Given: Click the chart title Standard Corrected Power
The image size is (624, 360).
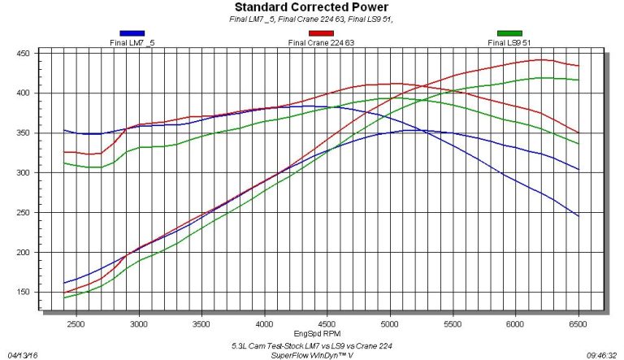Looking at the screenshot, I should tap(311, 8).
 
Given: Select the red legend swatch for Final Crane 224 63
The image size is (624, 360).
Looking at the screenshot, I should tap(320, 33).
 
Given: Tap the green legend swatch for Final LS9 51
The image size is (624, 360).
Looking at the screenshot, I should tap(509, 33).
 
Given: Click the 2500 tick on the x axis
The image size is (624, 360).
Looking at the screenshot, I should tap(76, 323).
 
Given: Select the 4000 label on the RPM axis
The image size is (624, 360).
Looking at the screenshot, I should tap(265, 323).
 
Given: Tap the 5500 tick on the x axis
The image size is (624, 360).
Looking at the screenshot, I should tap(453, 323).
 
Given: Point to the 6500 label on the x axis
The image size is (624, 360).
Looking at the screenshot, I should tap(578, 323).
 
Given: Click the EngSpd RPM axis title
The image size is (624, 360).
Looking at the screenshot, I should tap(312, 333).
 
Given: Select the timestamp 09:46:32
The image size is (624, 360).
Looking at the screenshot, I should tap(602, 354).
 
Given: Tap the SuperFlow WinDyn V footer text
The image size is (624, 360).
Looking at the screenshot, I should tap(312, 354).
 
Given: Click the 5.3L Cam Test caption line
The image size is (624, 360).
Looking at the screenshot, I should tap(312, 345).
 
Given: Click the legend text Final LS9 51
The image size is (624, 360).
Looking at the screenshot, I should tap(509, 42).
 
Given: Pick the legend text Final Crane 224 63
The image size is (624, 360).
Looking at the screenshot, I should tap(320, 42).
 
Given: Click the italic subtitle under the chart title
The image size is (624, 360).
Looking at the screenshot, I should tap(312, 20).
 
